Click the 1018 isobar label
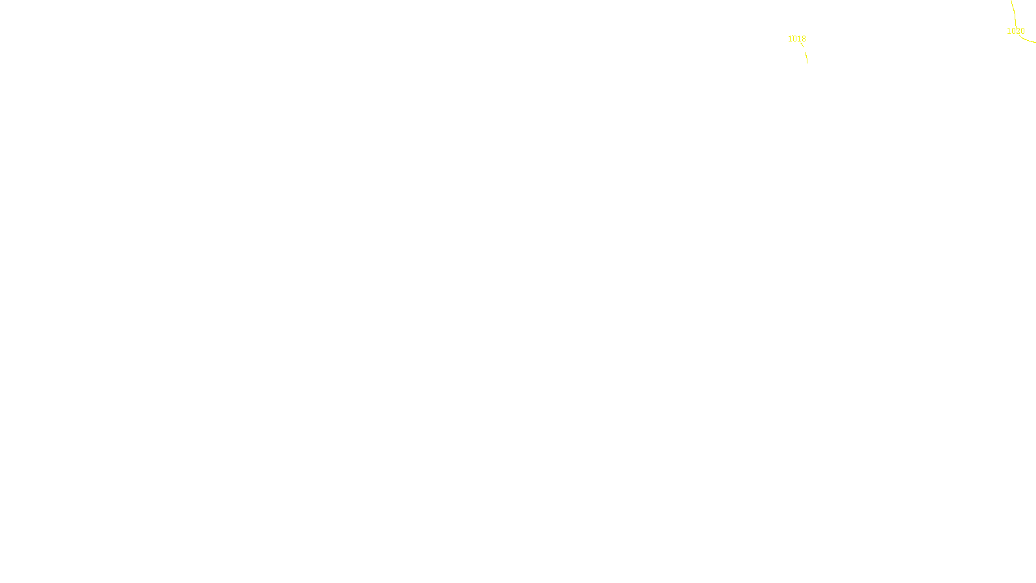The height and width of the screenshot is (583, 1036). [796, 39]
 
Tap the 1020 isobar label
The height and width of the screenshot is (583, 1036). [1015, 31]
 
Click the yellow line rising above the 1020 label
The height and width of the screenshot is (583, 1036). [1013, 12]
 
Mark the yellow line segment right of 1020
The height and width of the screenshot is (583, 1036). [1029, 40]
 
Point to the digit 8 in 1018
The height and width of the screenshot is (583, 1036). [804, 39]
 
